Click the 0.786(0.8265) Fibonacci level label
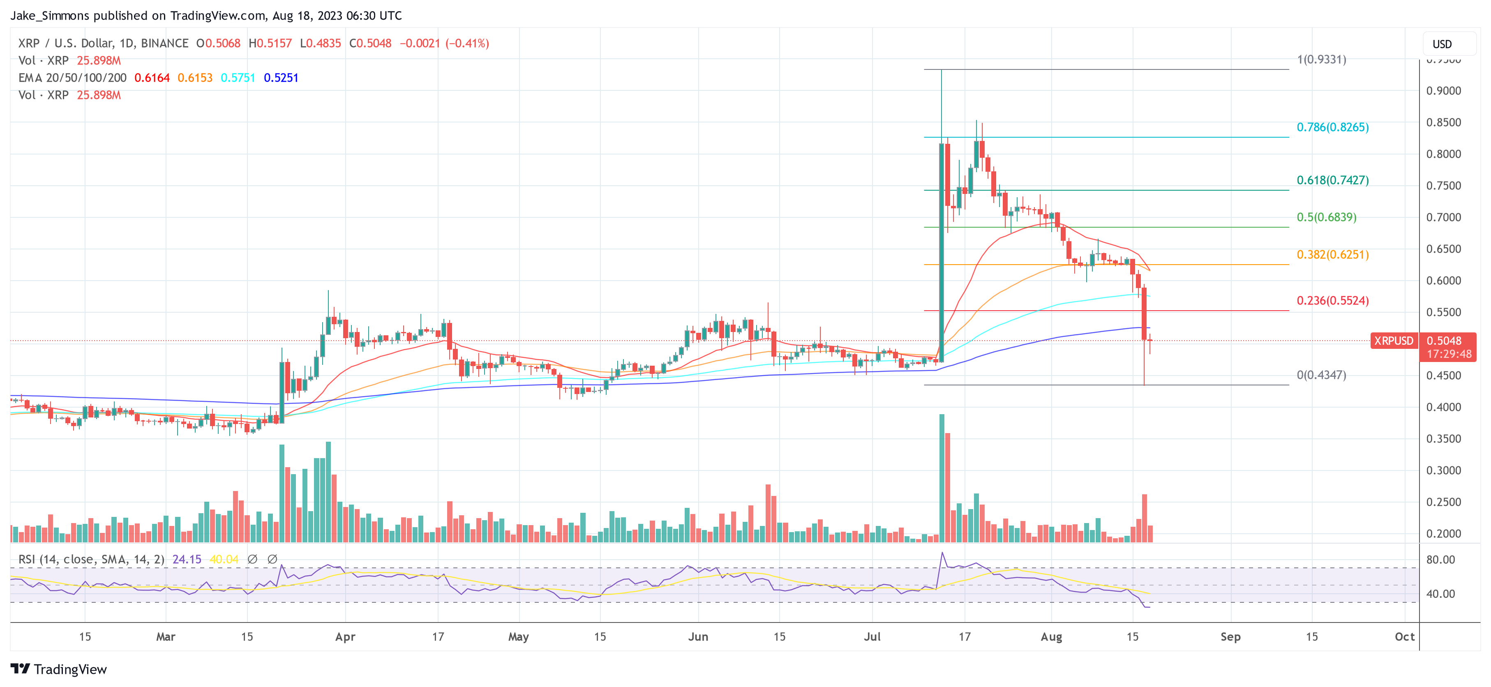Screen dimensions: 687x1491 coord(1332,127)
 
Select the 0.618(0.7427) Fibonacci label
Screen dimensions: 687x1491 coord(1332,180)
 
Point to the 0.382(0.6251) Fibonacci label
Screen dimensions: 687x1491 coord(1332,255)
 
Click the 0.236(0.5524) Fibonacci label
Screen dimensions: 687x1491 coord(1332,300)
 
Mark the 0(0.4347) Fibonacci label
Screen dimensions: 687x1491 coord(1321,375)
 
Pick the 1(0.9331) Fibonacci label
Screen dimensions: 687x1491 coord(1321,60)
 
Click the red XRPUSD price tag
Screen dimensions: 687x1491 coord(1393,341)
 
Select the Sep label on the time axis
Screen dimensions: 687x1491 coord(1230,636)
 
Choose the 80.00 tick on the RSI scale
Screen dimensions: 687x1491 coord(1440,560)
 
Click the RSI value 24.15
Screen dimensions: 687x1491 coord(187,559)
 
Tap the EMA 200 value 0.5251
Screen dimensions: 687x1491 coord(281,78)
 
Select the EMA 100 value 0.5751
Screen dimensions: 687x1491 coord(238,78)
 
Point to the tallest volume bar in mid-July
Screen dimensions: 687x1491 coord(942,477)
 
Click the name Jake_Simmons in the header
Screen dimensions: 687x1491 coord(49,16)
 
